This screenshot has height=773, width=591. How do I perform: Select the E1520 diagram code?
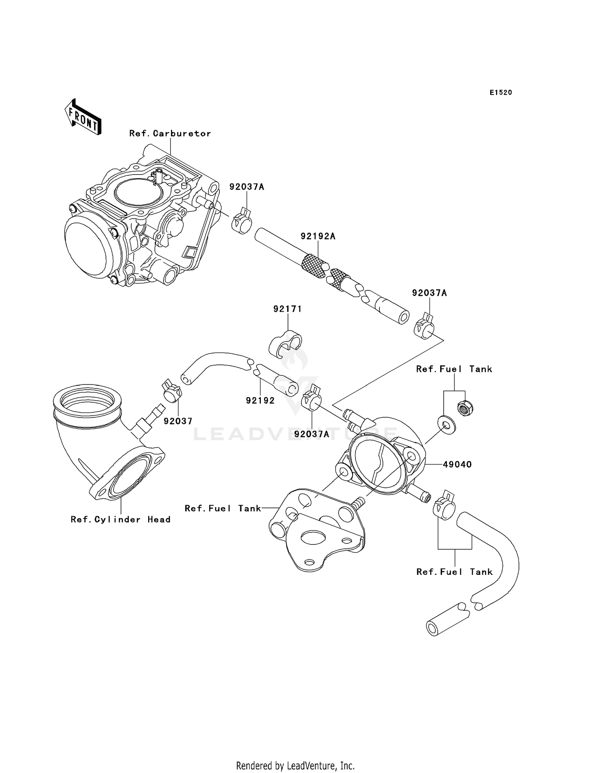pos(501,93)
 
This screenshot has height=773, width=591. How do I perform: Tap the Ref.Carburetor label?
pos(170,134)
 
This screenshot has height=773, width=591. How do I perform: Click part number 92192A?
pos(318,236)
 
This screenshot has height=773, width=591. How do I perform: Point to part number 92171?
pos(288,309)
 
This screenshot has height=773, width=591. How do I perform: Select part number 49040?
pos(457,465)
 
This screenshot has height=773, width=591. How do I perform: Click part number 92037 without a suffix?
pos(178,421)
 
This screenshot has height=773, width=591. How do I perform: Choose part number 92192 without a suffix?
pos(260,401)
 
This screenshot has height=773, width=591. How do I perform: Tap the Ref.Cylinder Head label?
pos(121,520)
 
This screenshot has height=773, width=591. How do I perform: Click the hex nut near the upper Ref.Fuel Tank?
pos(465,408)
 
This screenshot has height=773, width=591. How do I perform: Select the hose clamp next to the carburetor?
pos(242,223)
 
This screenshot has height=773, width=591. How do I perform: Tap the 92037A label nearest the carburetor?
pos(247,187)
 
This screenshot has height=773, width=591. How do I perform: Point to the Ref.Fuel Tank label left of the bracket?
pos(223,509)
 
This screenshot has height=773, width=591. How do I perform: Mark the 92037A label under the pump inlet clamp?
pos(311,434)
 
